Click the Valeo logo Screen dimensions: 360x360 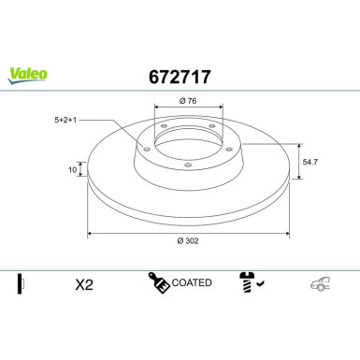28,76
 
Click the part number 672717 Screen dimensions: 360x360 180,77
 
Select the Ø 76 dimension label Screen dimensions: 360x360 188,101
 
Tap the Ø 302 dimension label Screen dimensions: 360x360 188,241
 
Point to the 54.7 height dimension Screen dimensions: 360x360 310,162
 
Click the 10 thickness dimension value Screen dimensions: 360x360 72,170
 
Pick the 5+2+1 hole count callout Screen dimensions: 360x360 65,120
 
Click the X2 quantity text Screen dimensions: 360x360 84,284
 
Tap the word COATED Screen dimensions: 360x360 192,282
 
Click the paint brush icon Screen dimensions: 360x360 159,282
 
